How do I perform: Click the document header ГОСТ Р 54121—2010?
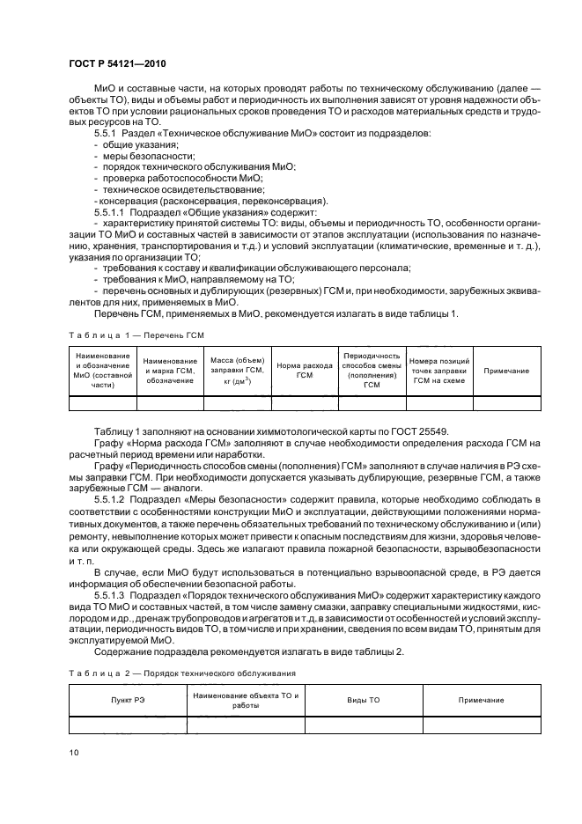(117, 65)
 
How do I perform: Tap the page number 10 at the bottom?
(74, 752)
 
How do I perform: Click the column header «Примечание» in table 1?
(506, 371)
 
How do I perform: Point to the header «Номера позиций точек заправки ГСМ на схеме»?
(438, 371)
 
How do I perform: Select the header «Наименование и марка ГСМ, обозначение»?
(170, 371)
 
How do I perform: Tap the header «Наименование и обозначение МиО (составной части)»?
(102, 371)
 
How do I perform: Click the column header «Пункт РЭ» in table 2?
(128, 700)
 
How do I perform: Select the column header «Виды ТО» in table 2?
(363, 700)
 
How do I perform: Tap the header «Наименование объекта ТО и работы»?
(246, 700)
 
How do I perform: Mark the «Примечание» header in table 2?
(481, 700)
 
